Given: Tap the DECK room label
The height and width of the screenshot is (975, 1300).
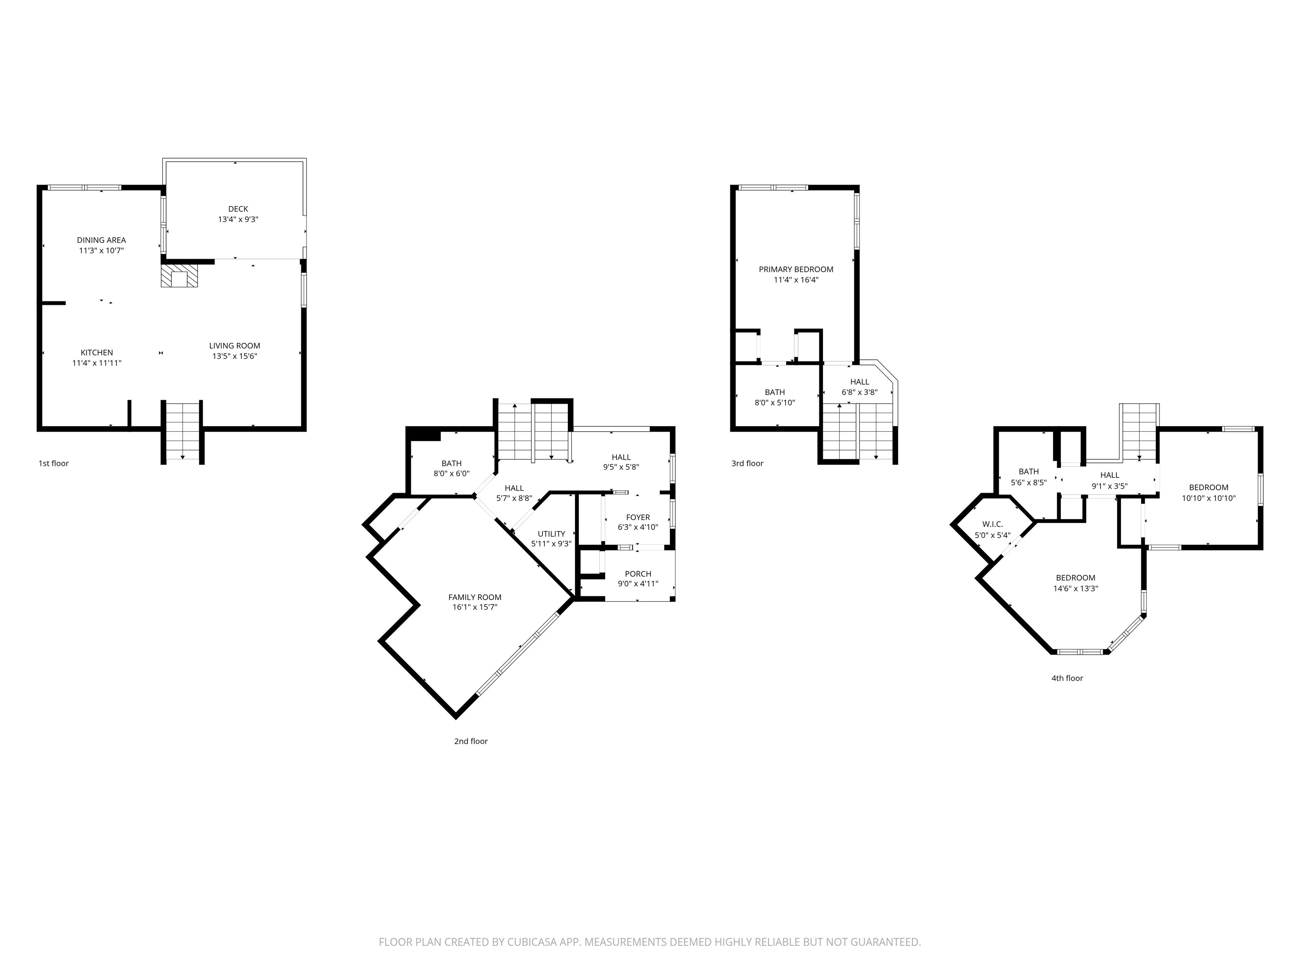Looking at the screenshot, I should click(x=238, y=209).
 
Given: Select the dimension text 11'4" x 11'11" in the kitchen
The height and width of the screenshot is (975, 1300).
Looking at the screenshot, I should click(x=96, y=363).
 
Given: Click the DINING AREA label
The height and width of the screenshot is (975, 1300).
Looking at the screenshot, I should click(x=101, y=240).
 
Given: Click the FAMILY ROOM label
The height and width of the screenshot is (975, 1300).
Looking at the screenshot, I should click(x=474, y=597).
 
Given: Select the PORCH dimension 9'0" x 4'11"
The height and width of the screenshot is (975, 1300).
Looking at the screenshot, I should click(x=638, y=584).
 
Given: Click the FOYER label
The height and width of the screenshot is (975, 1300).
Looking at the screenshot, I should click(x=638, y=517).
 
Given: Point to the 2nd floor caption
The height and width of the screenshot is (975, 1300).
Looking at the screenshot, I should click(x=471, y=741).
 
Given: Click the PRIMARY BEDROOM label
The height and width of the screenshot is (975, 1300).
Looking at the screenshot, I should click(x=796, y=269).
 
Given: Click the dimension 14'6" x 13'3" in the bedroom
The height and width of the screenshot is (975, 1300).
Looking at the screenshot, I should click(x=1075, y=588).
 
